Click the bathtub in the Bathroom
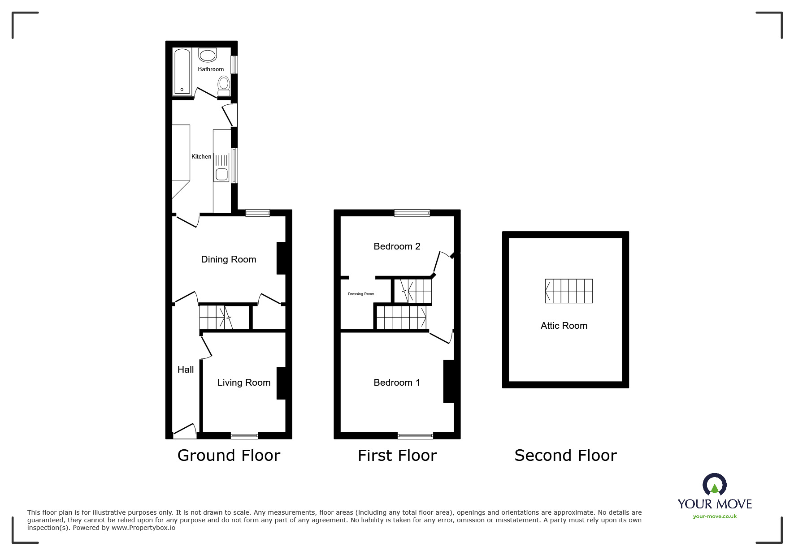pos(182,72)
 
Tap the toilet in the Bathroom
pos(224,85)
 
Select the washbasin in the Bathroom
pos(208,55)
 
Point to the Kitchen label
pos(201,156)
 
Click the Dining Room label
pos(229,259)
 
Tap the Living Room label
pos(244,383)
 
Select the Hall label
pos(186,370)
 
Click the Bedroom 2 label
pos(397,246)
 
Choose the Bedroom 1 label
pos(397,383)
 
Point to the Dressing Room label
pos(361,294)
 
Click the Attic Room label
pos(564,326)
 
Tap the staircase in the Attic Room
pos(568,291)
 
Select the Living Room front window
pos(244,435)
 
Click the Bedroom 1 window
pos(415,435)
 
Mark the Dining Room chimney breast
pos(281,258)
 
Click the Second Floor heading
pos(565,456)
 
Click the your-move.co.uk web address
pos(715,516)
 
